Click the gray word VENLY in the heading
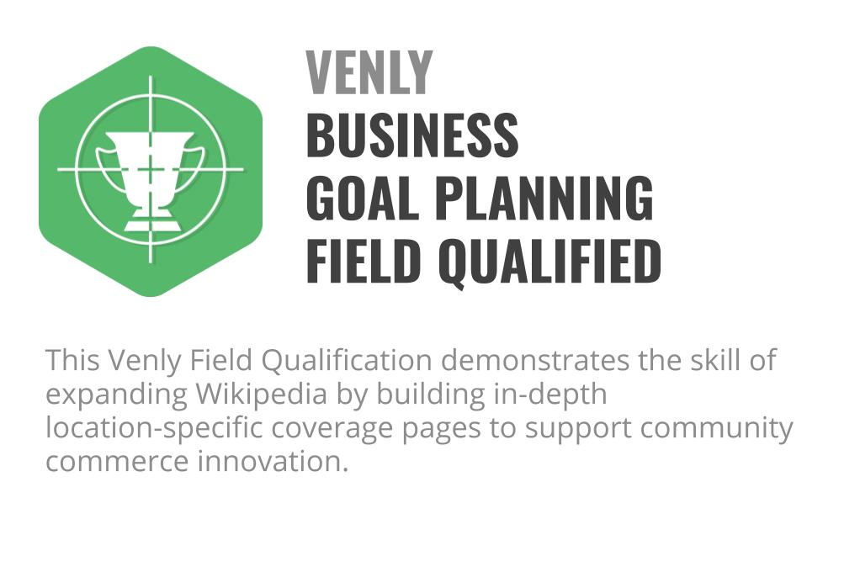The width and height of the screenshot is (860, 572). tap(369, 72)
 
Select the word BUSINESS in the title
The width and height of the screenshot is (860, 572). tap(411, 135)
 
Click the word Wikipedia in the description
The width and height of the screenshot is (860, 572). tap(262, 395)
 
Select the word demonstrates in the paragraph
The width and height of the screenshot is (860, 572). tap(535, 360)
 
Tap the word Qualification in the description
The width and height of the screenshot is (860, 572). tap(347, 360)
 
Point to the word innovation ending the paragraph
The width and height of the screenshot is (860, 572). tap(273, 461)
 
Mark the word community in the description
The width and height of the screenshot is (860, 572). tap(716, 428)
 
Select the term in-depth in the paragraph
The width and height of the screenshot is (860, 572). tap(550, 395)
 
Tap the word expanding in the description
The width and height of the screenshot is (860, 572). tap(117, 395)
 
